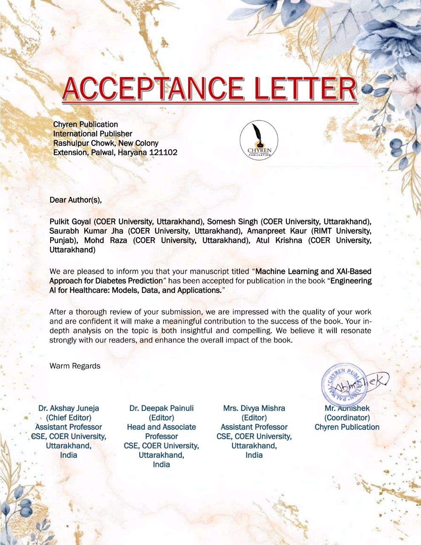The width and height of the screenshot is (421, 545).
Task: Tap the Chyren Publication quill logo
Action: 259,139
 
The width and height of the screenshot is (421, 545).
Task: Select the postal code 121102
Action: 163,152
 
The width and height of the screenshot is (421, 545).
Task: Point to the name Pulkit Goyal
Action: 71,222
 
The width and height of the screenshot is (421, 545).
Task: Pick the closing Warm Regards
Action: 75,366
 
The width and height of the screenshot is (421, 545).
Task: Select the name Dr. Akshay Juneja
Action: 69,408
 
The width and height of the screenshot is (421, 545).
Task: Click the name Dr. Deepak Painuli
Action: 161,408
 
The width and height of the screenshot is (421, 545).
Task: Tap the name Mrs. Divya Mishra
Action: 254,408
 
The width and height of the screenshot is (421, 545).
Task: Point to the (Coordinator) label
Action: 347,418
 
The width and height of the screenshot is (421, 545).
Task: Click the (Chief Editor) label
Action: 69,418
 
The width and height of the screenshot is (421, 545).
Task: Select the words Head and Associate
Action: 161,427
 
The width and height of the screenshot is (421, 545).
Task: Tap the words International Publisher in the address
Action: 93,134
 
